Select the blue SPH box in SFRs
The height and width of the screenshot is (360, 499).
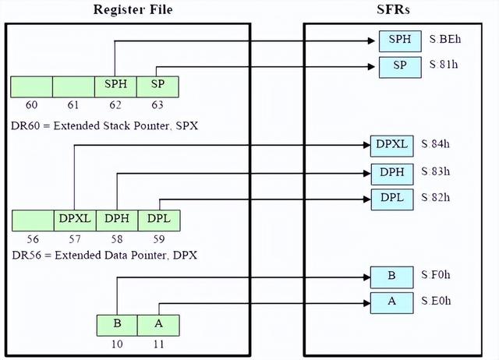pyautogui.click(x=400, y=41)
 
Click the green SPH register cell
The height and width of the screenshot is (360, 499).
pyautogui.click(x=115, y=86)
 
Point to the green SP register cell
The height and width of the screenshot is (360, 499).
pyautogui.click(x=157, y=86)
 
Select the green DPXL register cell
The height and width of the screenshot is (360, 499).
pyautogui.click(x=75, y=220)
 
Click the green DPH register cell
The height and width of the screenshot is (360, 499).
pyautogui.click(x=117, y=220)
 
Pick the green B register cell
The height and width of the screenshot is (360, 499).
pyautogui.click(x=117, y=323)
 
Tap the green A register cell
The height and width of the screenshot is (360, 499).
pyautogui.click(x=158, y=323)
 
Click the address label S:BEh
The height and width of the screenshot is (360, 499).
pyautogui.click(x=446, y=39)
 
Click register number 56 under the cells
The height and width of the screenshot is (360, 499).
pyautogui.click(x=32, y=238)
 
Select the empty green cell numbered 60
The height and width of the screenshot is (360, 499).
pyautogui.click(x=32, y=86)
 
